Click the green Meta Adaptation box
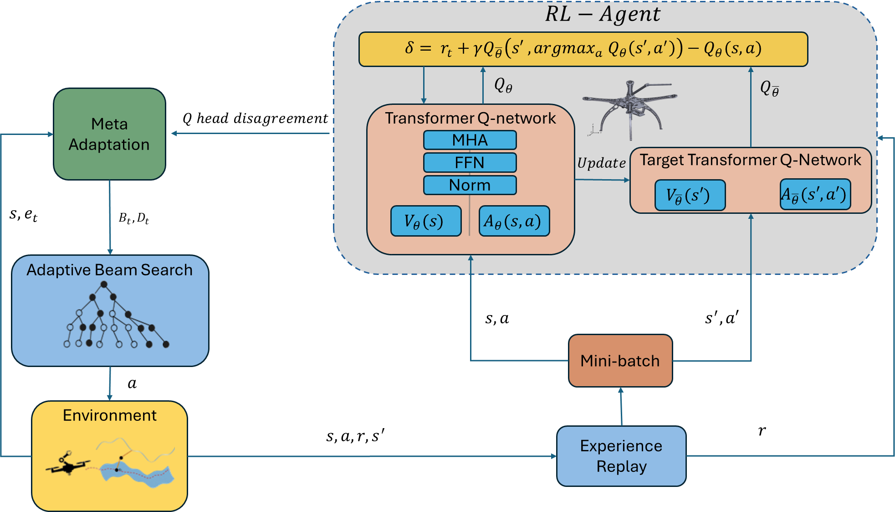(x=109, y=134)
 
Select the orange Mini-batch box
(x=620, y=361)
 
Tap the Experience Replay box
(x=621, y=456)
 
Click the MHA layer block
(x=470, y=140)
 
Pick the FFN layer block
(x=470, y=163)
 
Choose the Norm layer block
(x=470, y=185)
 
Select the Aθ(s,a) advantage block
(x=514, y=221)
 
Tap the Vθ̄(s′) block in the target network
(x=690, y=195)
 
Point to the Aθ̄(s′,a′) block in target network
(x=815, y=195)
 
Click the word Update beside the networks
(x=601, y=163)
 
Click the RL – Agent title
(x=603, y=14)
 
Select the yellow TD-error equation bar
(x=583, y=49)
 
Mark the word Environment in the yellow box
(x=109, y=415)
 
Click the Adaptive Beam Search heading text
(x=109, y=270)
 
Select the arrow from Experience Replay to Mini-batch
(x=621, y=407)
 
